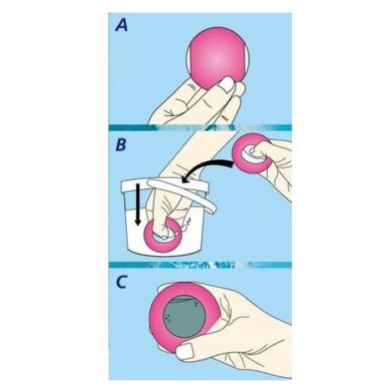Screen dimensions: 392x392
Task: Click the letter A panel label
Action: pyautogui.click(x=122, y=26)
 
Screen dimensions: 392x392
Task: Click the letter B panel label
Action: pyautogui.click(x=121, y=145)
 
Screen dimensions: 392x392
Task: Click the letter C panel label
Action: pyautogui.click(x=121, y=282)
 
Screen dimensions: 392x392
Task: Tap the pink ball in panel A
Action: pyautogui.click(x=218, y=58)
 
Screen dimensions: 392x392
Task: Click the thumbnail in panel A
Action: pyautogui.click(x=226, y=85)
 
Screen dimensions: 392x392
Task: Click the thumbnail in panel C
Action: pyautogui.click(x=185, y=351)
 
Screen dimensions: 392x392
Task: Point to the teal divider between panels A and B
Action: pyautogui.click(x=200, y=128)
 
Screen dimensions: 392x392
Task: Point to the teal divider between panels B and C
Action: pyautogui.click(x=200, y=264)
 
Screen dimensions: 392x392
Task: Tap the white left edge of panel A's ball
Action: pyautogui.click(x=188, y=58)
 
